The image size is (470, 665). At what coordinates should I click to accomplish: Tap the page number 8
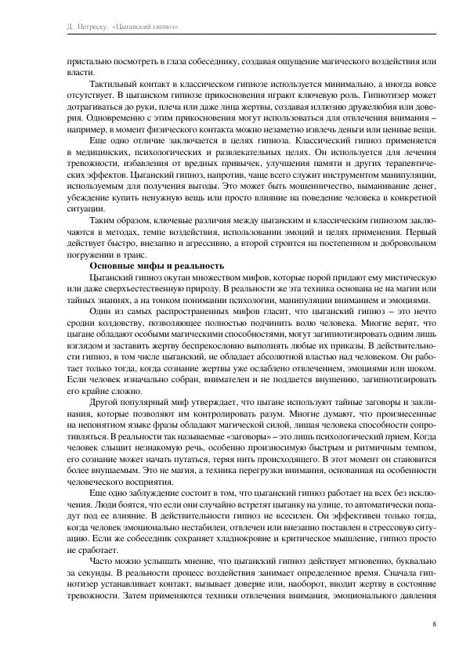(433, 624)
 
